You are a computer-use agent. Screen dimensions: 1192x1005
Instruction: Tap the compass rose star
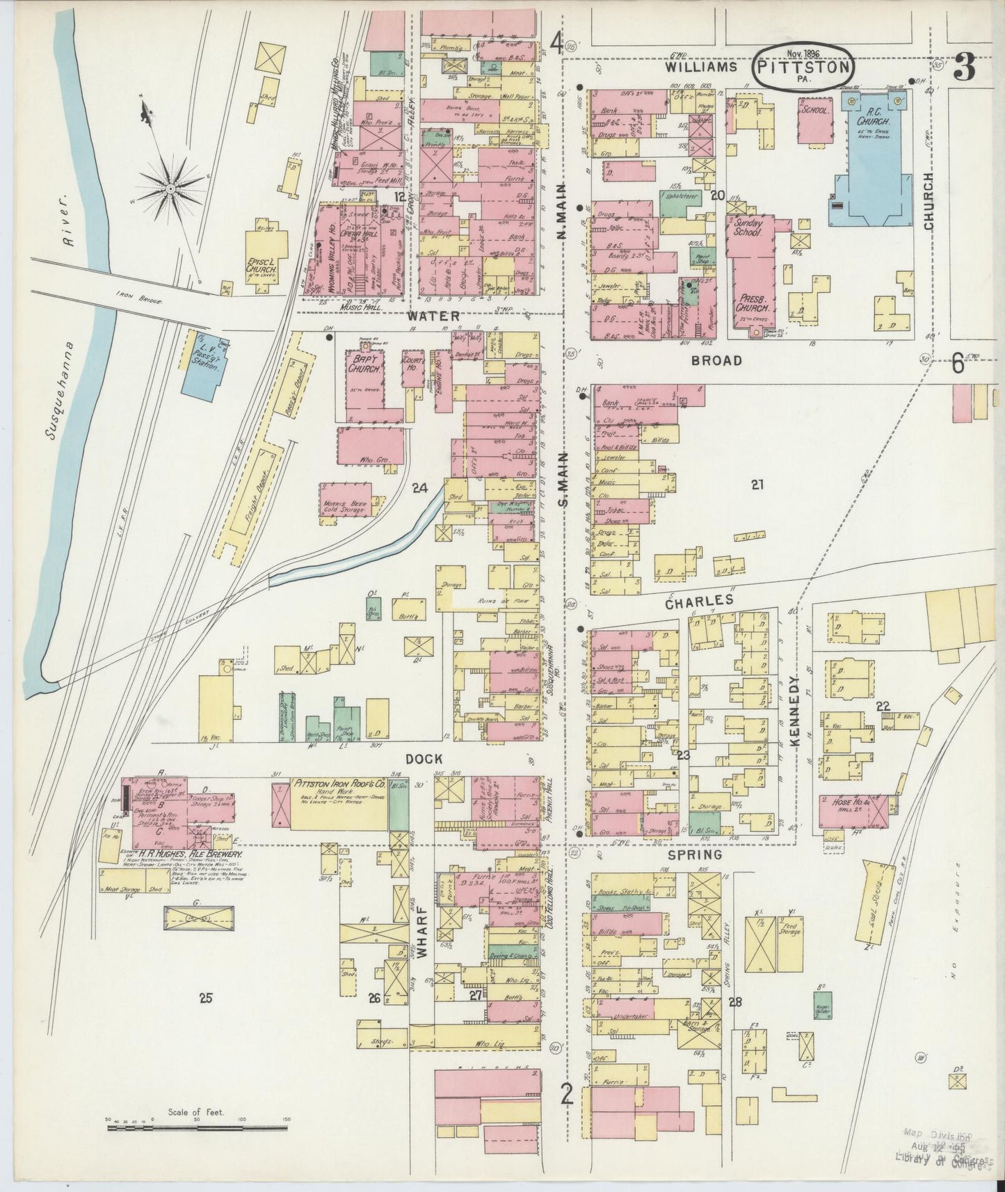170,188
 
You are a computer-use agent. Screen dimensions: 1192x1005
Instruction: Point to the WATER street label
434,316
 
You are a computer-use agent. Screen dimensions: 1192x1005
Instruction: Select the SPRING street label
697,855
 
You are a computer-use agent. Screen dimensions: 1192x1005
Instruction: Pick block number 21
757,485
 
